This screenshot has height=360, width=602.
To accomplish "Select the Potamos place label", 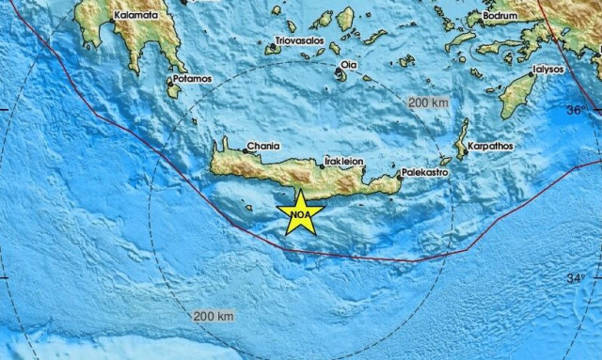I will (191, 78).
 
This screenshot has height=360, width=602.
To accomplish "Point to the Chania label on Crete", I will (261, 148).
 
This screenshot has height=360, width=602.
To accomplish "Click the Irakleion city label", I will (344, 161).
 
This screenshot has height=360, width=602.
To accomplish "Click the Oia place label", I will (349, 65).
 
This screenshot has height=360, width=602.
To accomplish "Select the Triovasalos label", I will (298, 41).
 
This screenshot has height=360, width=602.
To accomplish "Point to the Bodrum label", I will (499, 16).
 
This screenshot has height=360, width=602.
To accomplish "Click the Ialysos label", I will (547, 69).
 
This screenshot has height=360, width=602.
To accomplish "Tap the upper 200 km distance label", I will (425, 102).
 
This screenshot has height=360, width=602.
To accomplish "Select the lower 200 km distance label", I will (212, 316).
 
